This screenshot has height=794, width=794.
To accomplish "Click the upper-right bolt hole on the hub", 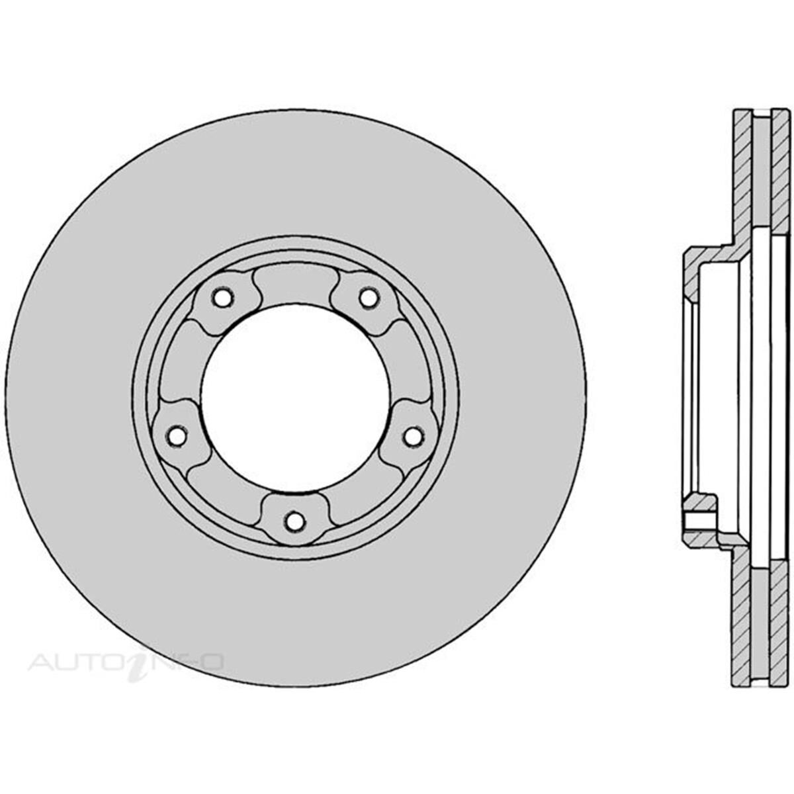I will (x=369, y=298).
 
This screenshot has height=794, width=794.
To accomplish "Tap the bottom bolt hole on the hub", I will (x=295, y=522).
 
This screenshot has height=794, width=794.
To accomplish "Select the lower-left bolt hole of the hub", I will (x=176, y=436).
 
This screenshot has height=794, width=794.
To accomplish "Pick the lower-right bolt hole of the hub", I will (x=414, y=436).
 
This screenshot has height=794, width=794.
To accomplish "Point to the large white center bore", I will (x=295, y=397).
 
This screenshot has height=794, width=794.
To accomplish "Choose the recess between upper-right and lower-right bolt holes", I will (x=410, y=364).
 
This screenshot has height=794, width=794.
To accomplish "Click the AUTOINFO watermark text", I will (x=126, y=662).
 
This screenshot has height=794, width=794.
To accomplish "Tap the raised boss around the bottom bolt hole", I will (x=295, y=509).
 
